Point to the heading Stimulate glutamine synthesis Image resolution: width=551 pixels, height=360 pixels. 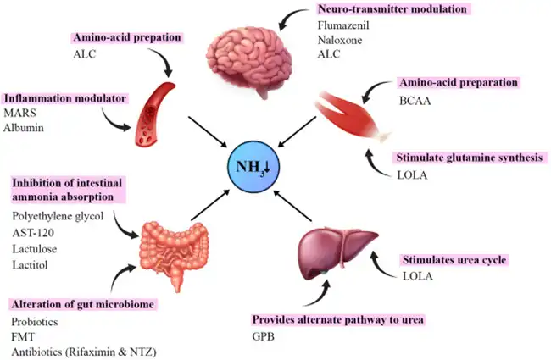click(x=466, y=158)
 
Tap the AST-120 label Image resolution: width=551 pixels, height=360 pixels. click(x=33, y=230)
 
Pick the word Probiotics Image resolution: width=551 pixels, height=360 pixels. click(x=35, y=323)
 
